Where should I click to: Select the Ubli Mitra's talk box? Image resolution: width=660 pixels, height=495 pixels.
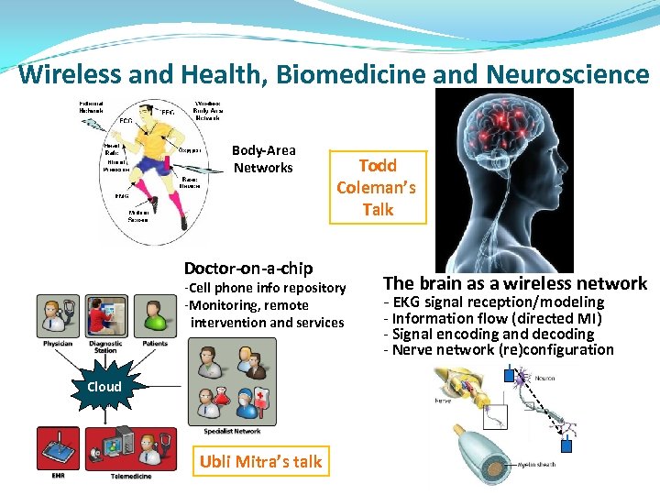pos(261,461)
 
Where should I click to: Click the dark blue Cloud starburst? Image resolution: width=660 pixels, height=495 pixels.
pos(104,386)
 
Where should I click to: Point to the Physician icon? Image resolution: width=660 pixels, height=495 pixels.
pos(57,316)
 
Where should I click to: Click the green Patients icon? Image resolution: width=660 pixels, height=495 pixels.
pos(154,316)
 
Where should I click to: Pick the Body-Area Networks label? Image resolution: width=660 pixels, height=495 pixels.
pos(263,159)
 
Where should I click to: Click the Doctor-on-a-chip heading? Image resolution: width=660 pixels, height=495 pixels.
pos(248,268)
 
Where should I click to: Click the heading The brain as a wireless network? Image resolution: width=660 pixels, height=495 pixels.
pos(515,283)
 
